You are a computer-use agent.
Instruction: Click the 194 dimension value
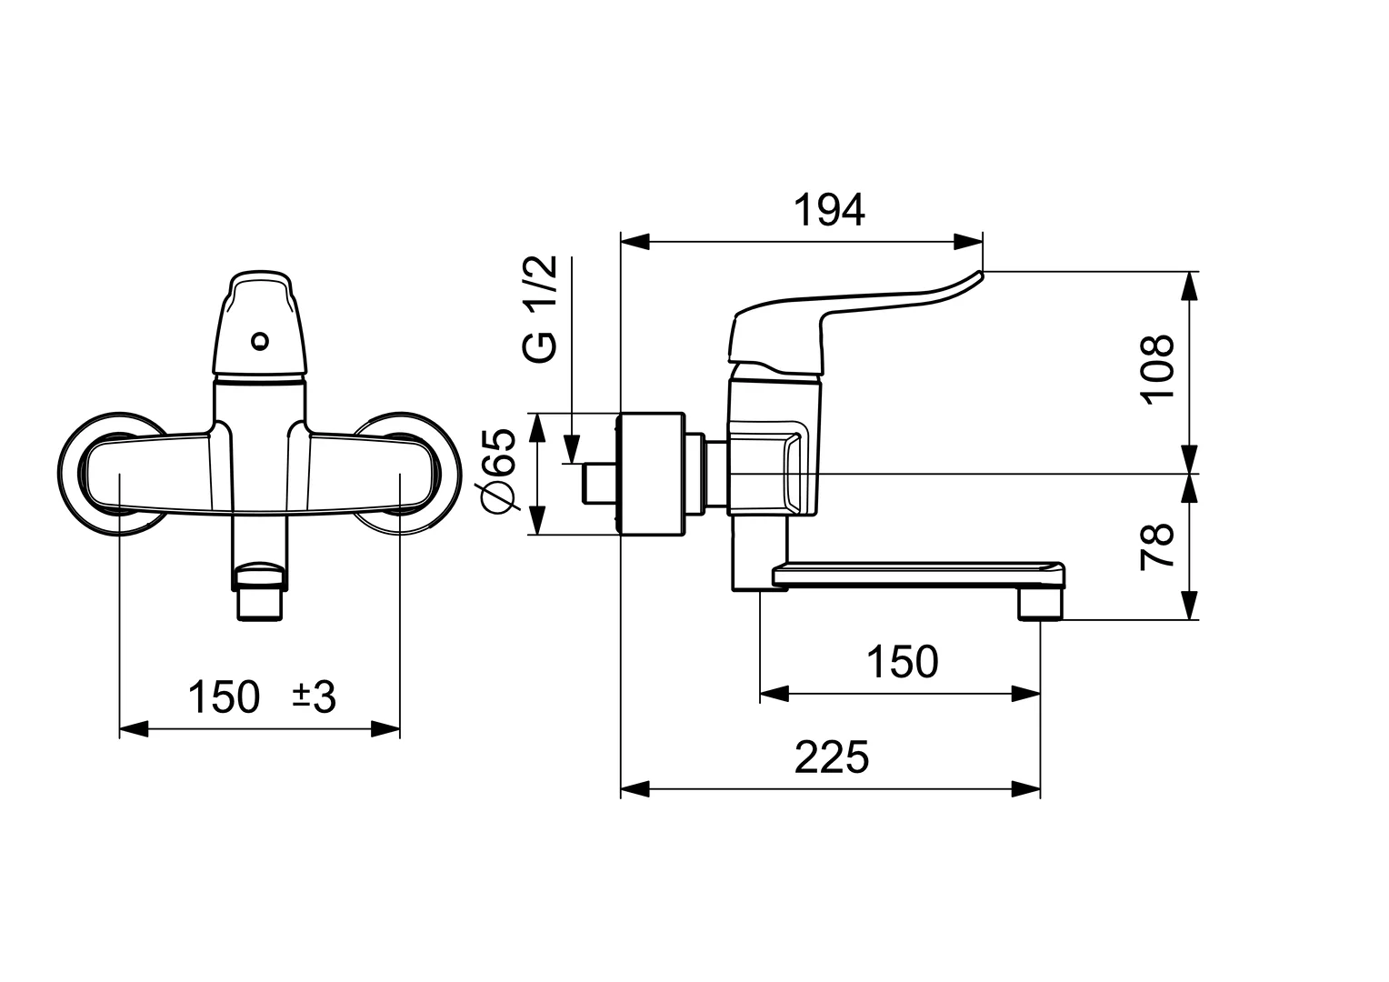[829, 211]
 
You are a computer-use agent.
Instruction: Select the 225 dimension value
[831, 757]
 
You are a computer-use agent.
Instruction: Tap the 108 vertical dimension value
[1158, 368]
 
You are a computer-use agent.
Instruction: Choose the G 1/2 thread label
[540, 309]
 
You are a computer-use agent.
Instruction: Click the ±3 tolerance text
[314, 697]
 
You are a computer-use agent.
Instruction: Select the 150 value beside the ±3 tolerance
[224, 697]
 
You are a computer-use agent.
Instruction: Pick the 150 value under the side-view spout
[901, 662]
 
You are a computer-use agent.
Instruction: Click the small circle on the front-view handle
[261, 342]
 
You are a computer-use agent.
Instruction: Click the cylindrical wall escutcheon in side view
[650, 474]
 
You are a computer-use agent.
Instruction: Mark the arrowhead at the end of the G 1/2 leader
[572, 450]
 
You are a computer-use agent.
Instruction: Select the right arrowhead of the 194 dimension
[969, 242]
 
